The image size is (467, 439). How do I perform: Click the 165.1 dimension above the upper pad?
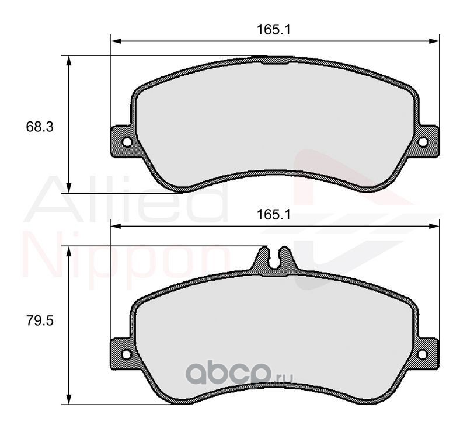coord(273,30)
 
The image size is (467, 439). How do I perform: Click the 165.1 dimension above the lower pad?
coord(273,215)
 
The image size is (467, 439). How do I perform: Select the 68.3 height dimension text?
coord(40,127)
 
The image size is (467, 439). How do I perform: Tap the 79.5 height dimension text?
coord(40,320)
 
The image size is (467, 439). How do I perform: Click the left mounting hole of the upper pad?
coord(127,142)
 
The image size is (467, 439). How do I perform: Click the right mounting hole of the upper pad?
coord(423,142)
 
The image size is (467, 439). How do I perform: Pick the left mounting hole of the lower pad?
coord(127,354)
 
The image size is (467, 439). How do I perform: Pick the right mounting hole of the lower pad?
coord(422,354)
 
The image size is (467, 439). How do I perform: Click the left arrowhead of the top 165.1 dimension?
coord(116,41)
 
